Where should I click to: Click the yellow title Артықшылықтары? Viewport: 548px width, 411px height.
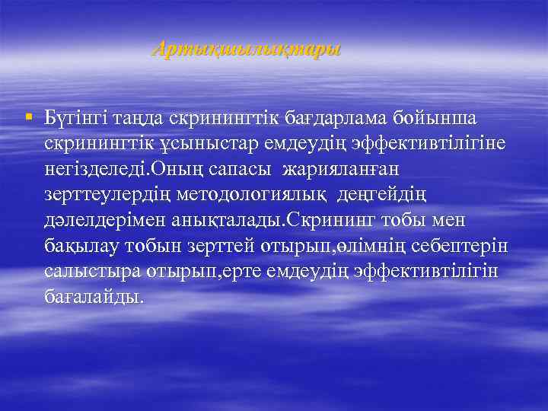pos(247,49)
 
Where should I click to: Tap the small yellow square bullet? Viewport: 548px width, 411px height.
pos(28,117)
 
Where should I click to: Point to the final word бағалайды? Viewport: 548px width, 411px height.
pos(93,297)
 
